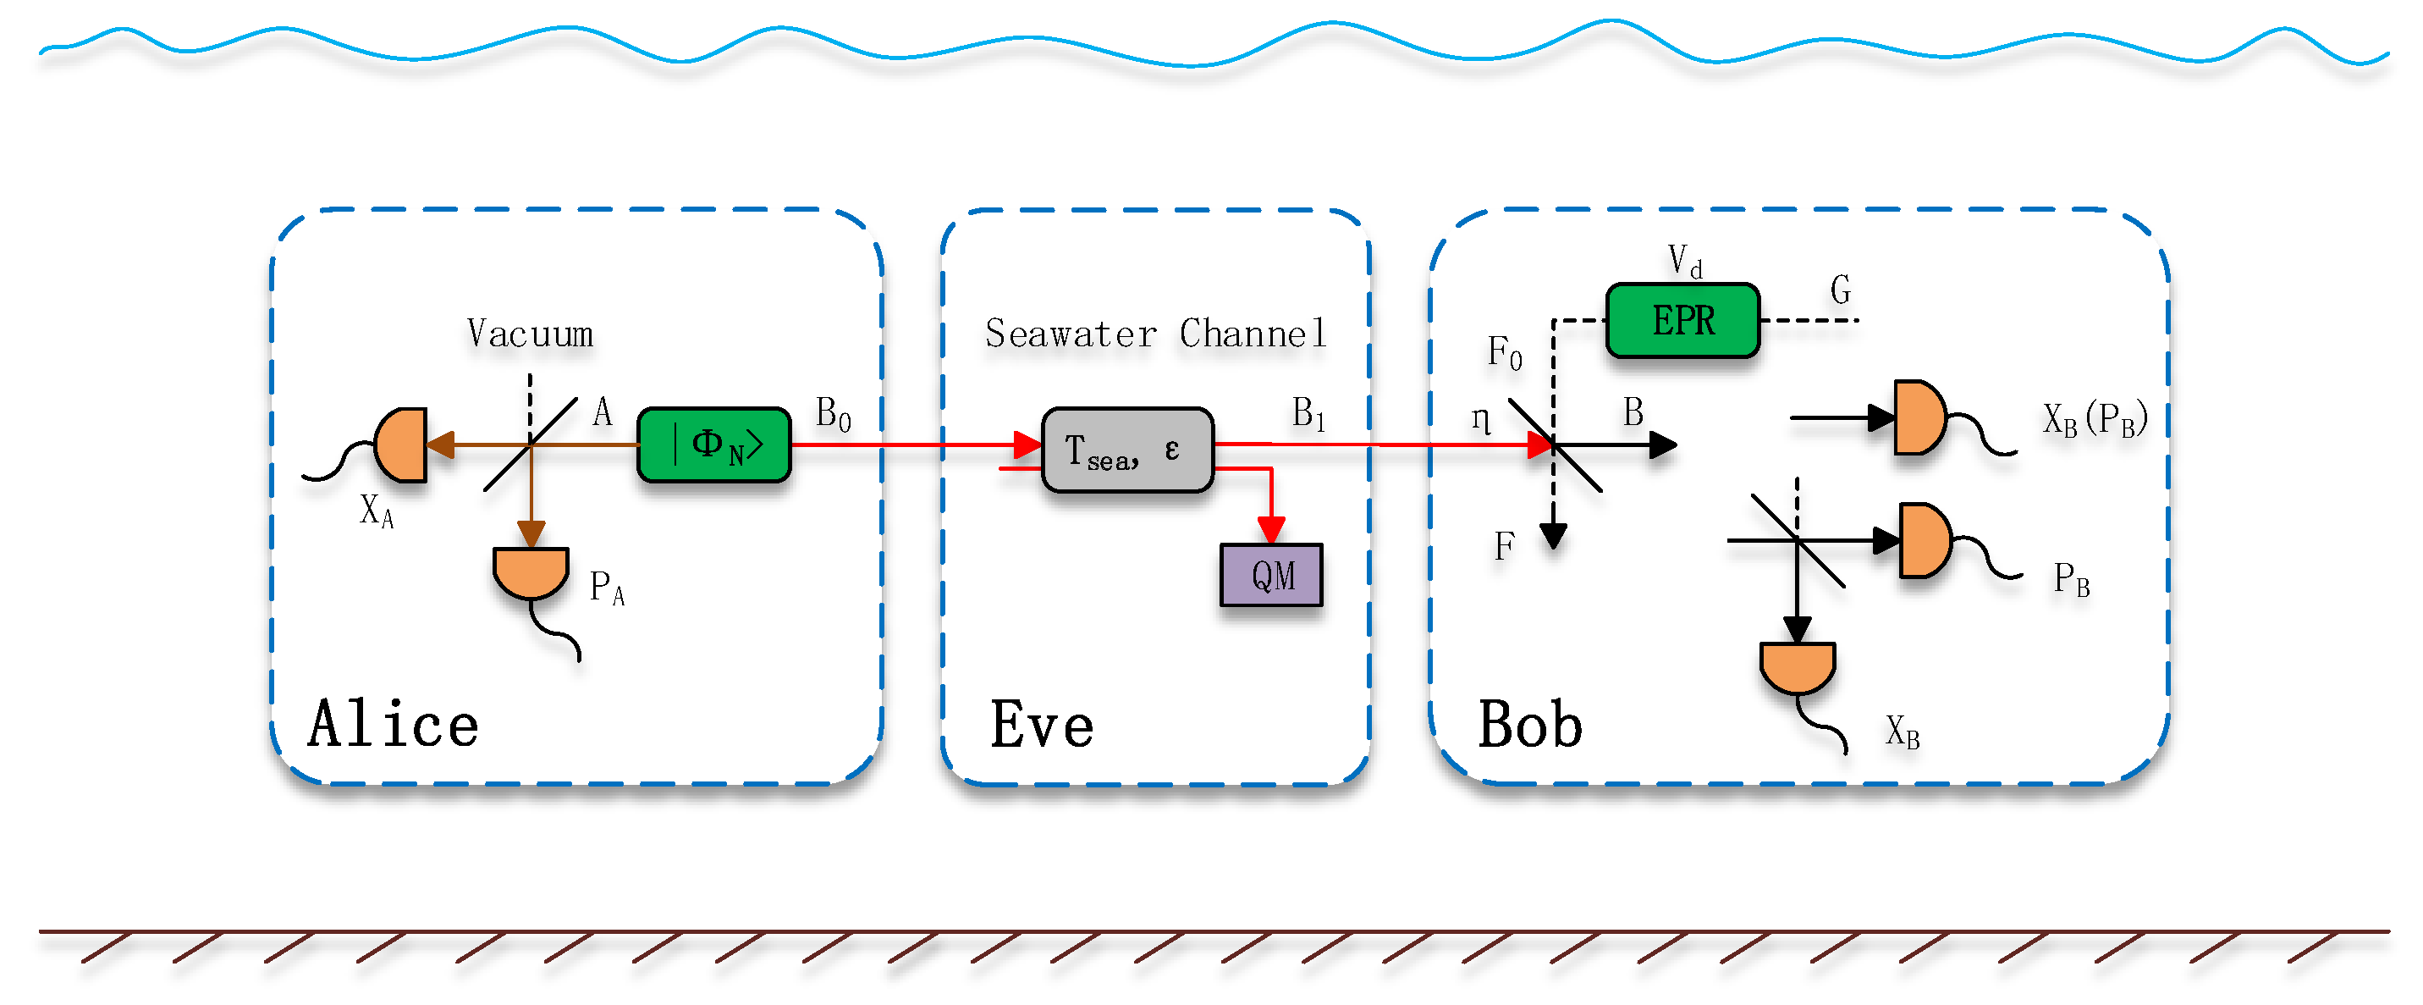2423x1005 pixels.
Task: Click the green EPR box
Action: pos(1682,321)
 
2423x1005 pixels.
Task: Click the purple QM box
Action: pos(1271,575)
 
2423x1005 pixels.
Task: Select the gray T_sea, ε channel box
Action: pos(1126,450)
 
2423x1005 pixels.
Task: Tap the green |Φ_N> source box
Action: pos(714,445)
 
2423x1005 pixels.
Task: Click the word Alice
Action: pos(394,724)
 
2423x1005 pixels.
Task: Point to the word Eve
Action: pos(1041,725)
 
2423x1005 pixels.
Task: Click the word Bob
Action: pos(1529,725)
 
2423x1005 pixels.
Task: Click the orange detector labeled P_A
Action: pos(531,572)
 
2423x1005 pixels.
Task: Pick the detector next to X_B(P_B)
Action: pos(1919,417)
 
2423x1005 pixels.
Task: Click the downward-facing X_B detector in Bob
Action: pos(1797,666)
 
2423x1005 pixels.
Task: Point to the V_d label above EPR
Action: pos(1683,261)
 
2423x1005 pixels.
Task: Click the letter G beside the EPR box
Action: pos(1840,289)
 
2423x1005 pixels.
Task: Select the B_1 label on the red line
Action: pos(1308,414)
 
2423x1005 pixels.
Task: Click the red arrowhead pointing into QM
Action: pos(1271,530)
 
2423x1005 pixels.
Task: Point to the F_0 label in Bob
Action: pos(1504,354)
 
